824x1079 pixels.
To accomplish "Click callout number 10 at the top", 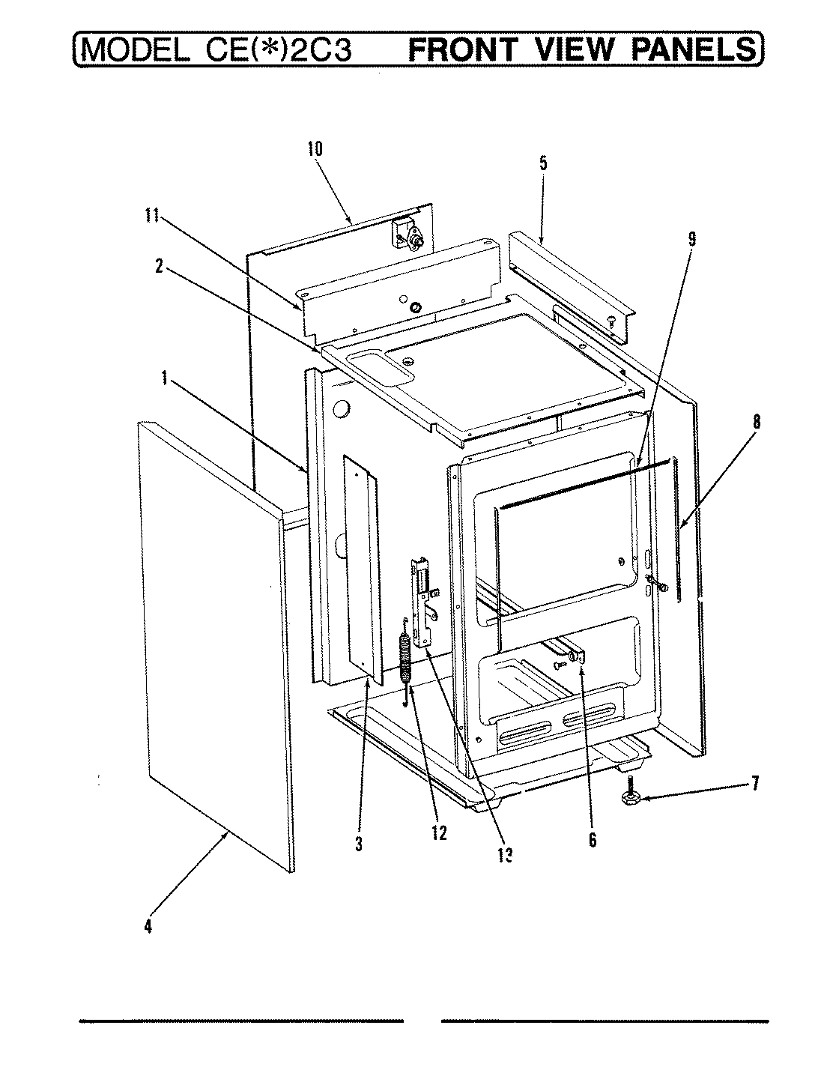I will coord(315,148).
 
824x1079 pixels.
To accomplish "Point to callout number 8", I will coord(756,423).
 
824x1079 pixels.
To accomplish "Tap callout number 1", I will coord(163,379).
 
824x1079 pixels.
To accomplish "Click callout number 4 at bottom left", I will coord(148,927).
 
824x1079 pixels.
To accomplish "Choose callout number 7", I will coord(755,784).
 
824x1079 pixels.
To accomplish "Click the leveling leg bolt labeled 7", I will coord(628,797).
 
